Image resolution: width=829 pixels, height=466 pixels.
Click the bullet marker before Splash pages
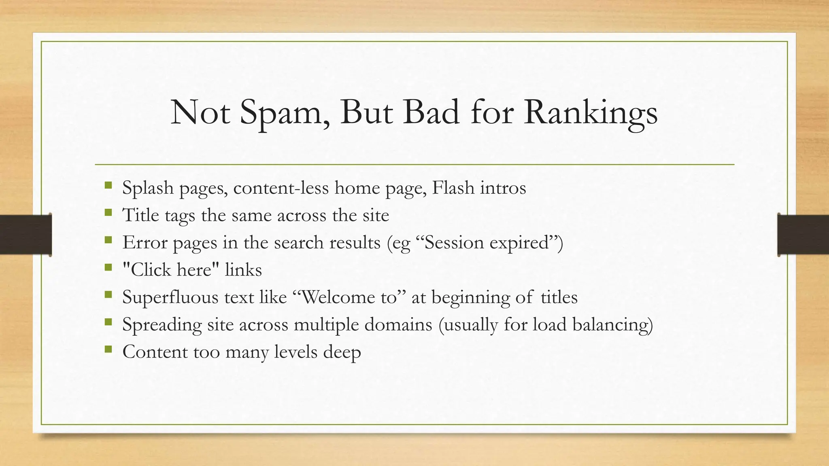(108, 186)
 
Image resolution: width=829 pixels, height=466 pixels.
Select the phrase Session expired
(489, 242)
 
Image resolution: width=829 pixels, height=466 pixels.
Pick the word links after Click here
(243, 269)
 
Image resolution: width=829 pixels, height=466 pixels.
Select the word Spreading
(162, 325)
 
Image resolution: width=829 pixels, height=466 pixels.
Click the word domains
(398, 324)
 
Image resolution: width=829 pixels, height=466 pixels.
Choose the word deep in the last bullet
(342, 352)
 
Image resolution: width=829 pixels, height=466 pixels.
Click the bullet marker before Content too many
(108, 349)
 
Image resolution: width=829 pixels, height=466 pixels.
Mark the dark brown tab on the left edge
(26, 234)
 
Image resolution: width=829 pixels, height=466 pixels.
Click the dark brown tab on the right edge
(803, 234)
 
